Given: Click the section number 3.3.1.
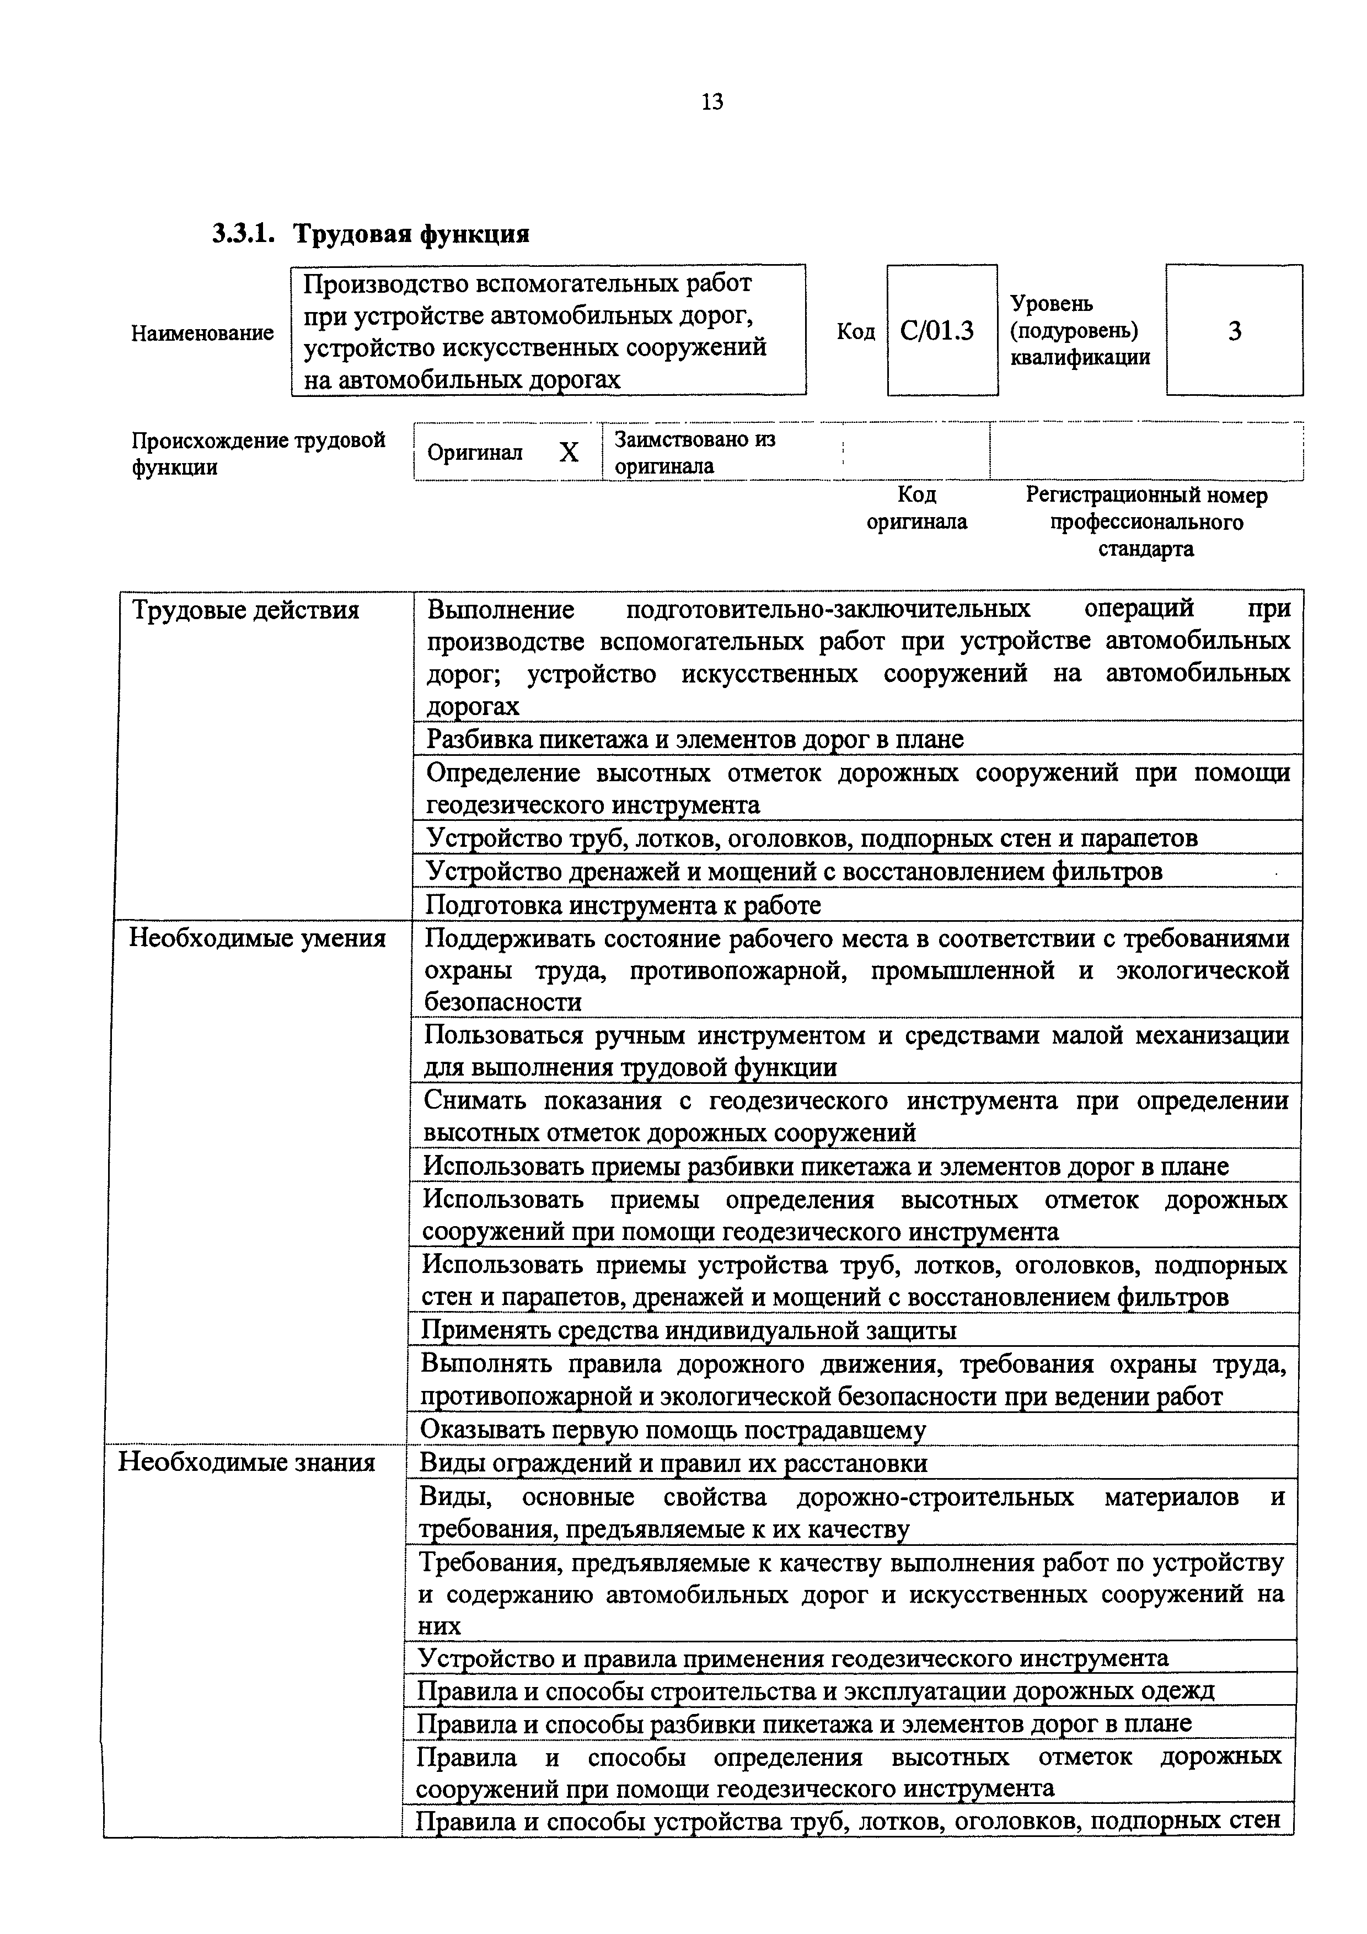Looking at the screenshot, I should coord(243,233).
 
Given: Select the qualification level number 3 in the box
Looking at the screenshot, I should coord(1234,331).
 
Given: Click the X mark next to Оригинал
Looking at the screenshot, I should coord(570,453).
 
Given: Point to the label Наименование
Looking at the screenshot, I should coord(202,334).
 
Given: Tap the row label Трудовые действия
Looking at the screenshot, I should coord(245,610).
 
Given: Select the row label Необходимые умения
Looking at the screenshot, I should coord(257,938).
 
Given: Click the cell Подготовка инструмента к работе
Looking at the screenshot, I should coord(623,905).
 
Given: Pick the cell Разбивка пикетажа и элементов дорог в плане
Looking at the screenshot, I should coord(695,739).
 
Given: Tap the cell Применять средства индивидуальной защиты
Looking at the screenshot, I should coord(688,1330).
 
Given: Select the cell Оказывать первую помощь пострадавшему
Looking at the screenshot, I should coord(672,1430).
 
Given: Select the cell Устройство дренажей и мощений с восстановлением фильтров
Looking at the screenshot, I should coord(794,871).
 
